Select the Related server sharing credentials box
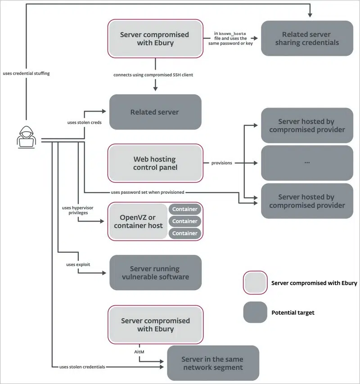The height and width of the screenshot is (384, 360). (306, 39)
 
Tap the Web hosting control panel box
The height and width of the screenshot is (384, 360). (154, 163)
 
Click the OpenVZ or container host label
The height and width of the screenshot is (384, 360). (138, 221)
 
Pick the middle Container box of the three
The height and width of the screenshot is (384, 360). (184, 221)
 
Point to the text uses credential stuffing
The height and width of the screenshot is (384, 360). (26, 73)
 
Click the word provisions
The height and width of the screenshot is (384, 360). (222, 163)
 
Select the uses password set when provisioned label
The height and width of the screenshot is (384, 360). (148, 192)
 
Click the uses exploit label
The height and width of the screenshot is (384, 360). (78, 264)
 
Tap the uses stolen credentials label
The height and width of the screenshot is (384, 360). (82, 367)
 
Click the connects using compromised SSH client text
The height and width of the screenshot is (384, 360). (153, 75)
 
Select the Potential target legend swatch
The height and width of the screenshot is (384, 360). (255, 312)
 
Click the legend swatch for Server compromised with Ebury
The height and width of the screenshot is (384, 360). (255, 283)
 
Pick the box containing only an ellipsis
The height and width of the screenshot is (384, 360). (306, 162)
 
